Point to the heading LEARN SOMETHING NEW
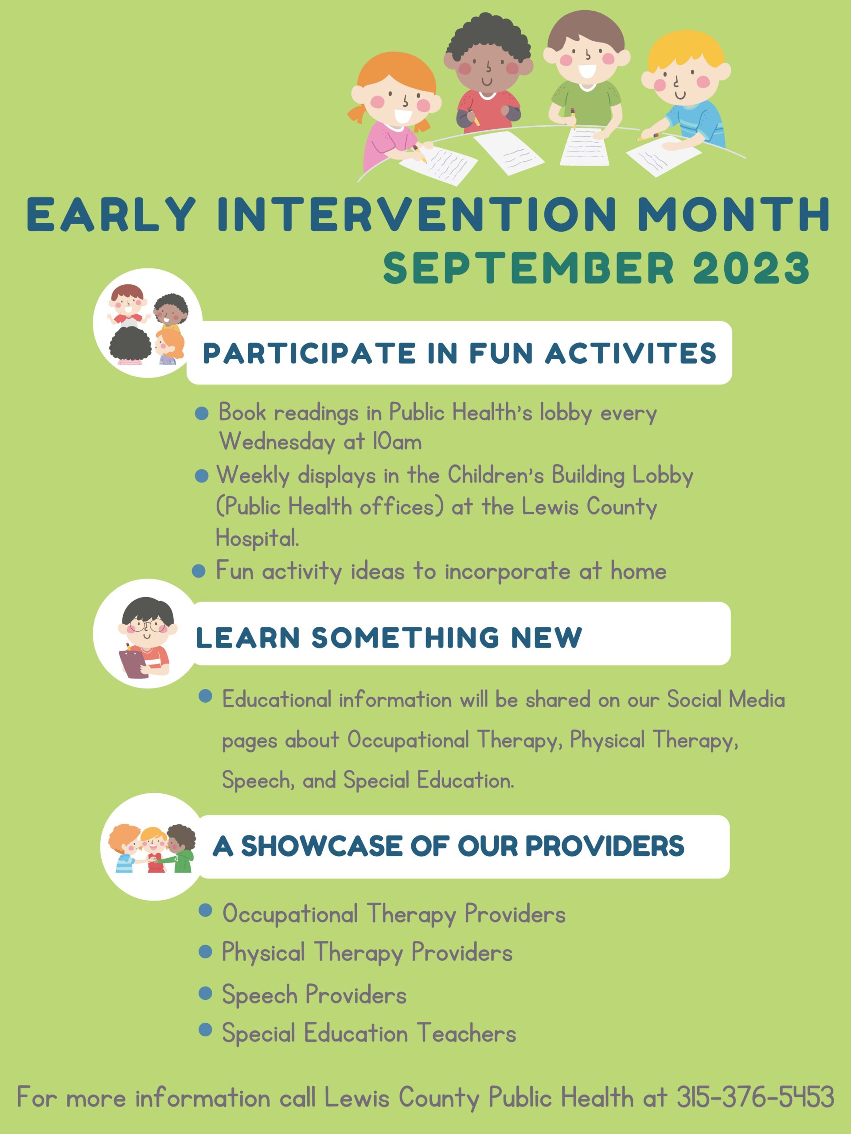pos(389,638)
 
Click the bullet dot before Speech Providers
pos(205,993)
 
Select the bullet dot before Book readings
pos(202,413)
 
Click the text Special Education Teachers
pos(369,1033)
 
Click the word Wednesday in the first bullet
pos(277,441)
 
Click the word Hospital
pos(257,538)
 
